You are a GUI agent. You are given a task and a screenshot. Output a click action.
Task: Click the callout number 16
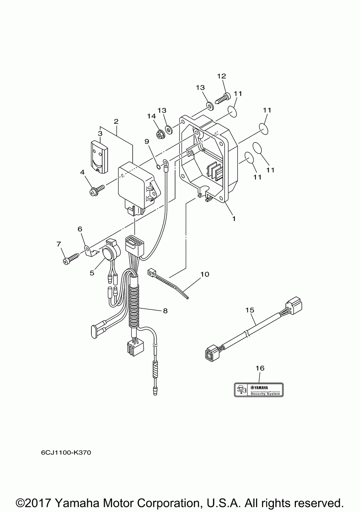coord(260,368)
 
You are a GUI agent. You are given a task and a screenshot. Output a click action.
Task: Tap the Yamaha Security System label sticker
coord(259,389)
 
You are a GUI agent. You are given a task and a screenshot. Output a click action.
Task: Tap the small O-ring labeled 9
coord(158,166)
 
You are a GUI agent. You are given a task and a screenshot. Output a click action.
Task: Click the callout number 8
coord(165,311)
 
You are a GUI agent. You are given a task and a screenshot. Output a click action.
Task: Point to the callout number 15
coord(250,309)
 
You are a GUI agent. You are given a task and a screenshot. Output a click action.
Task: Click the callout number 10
coord(204,274)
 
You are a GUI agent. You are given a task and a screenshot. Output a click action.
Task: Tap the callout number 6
coord(80,229)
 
